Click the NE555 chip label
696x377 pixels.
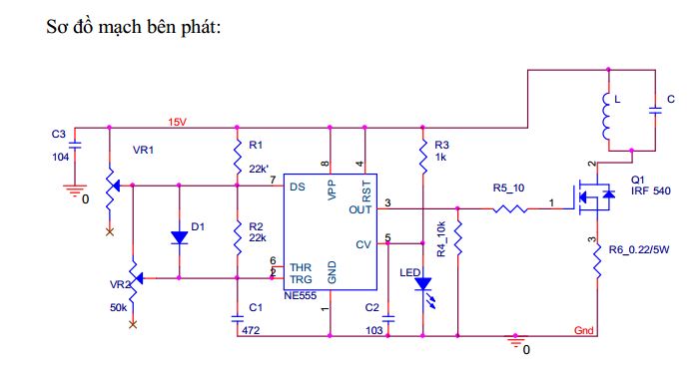click(300, 296)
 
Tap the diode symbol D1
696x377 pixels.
click(180, 237)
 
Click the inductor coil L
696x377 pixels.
click(607, 116)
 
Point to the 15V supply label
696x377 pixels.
click(177, 122)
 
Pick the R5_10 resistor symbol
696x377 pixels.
click(509, 208)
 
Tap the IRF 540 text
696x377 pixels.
click(651, 191)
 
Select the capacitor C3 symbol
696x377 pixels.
click(75, 146)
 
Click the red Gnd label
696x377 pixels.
click(584, 330)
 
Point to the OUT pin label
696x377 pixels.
click(360, 209)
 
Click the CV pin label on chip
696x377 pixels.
click(363, 244)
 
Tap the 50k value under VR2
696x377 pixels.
click(119, 308)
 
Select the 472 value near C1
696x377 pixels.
click(251, 330)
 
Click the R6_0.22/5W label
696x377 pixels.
click(639, 249)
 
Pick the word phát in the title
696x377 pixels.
click(200, 27)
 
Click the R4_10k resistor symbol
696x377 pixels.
click(457, 238)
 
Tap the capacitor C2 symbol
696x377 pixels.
click(388, 318)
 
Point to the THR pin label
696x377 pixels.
click(301, 267)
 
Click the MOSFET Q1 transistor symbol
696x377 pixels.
click(593, 195)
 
